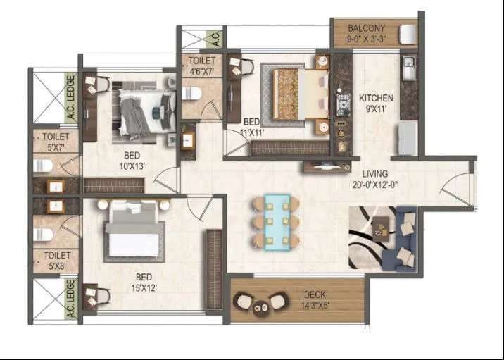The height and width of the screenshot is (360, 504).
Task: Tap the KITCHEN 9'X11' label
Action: click(x=376, y=103)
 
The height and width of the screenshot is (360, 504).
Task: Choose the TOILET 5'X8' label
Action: click(x=53, y=261)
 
